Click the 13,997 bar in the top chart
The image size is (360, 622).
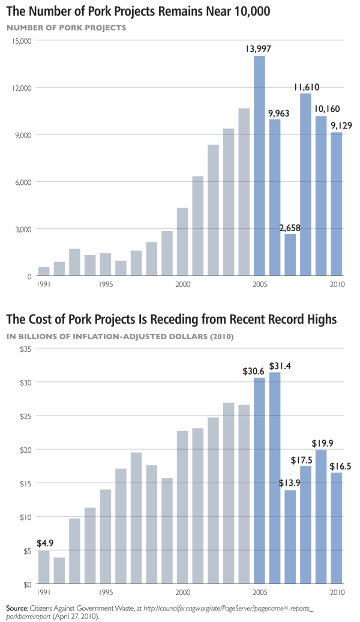259,166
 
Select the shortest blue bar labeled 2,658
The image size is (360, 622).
290,255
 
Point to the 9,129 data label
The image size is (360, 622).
339,125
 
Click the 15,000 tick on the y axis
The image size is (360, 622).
22,41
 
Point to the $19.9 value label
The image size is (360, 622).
322,443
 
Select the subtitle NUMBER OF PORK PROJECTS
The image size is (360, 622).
67,28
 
